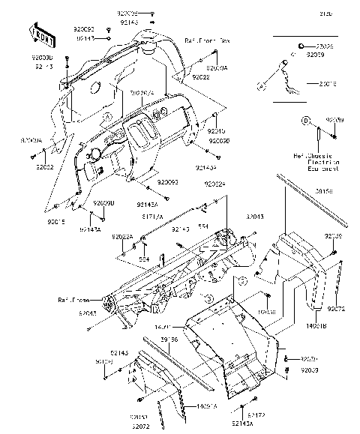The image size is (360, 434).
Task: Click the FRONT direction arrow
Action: [x=43, y=32]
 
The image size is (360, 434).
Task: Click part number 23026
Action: [x=324, y=46]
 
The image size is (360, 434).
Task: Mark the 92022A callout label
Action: [x=122, y=236]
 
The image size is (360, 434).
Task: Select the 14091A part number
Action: [x=208, y=406]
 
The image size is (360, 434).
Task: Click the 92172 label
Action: [x=256, y=415]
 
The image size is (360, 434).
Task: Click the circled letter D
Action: [x=306, y=121]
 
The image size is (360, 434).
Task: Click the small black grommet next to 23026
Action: [x=300, y=46]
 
